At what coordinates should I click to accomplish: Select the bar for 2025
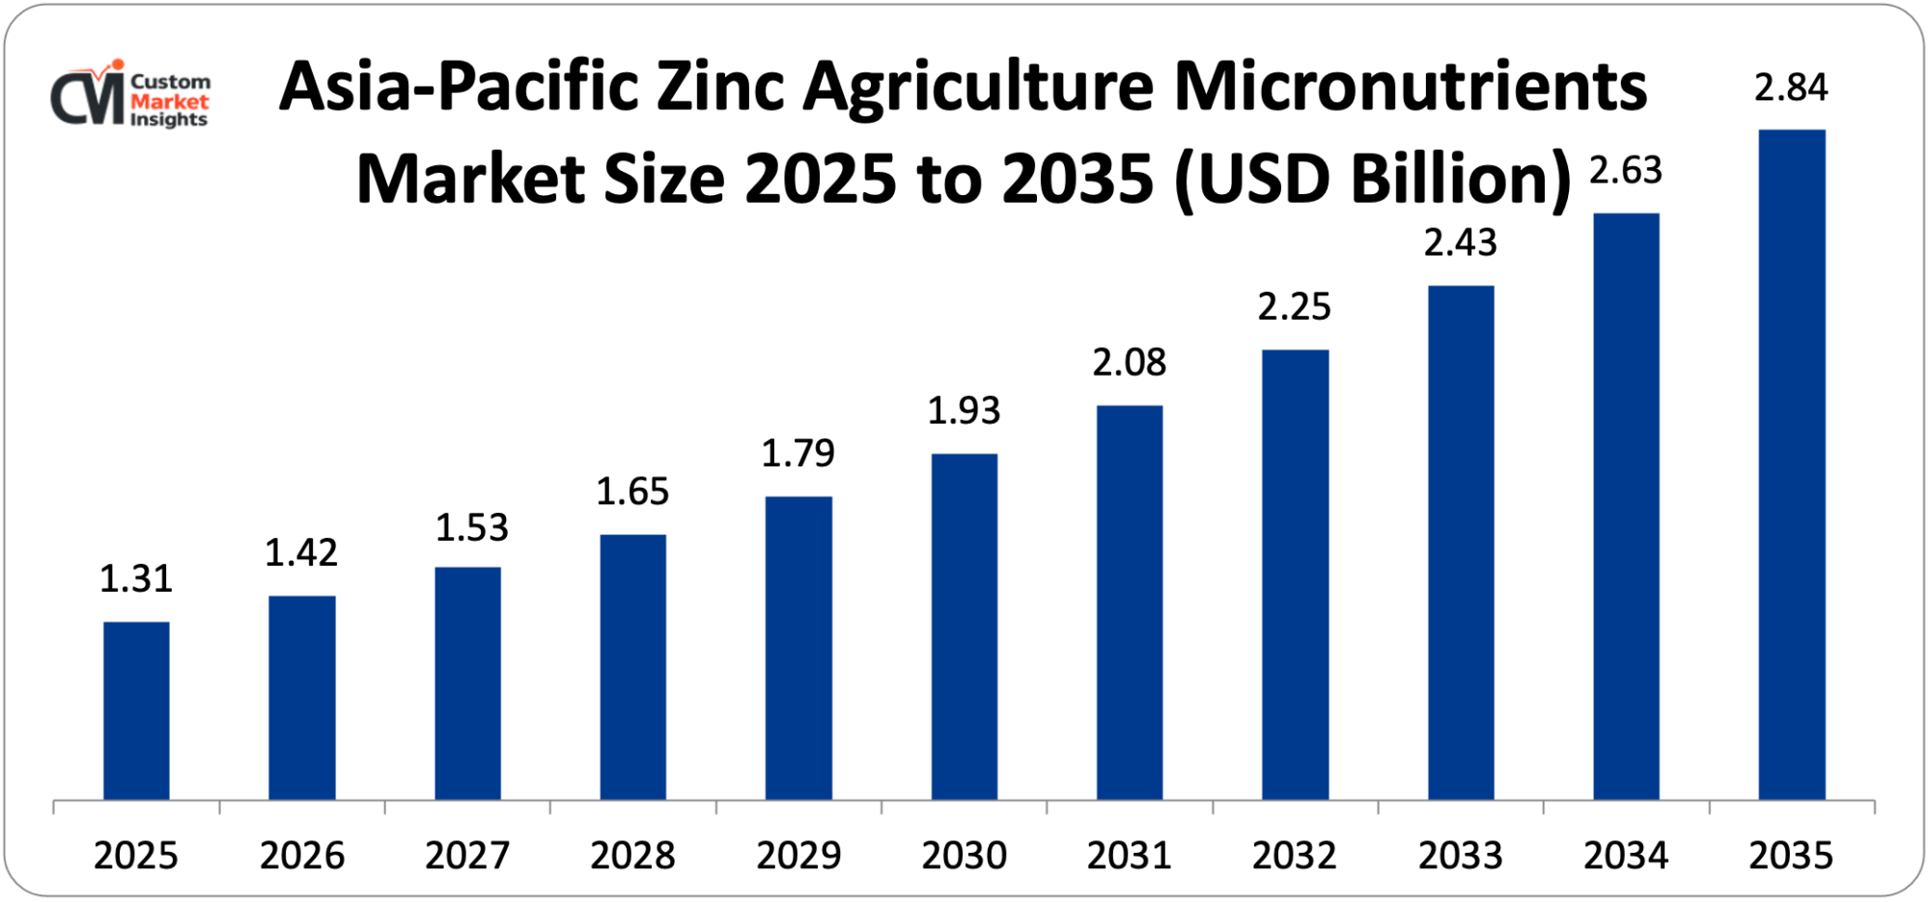click(136, 711)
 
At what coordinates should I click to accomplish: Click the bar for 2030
click(964, 627)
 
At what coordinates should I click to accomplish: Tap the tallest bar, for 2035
click(1792, 465)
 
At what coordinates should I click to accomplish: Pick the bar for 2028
click(632, 667)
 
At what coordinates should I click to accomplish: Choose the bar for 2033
click(1461, 543)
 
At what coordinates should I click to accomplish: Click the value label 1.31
click(136, 578)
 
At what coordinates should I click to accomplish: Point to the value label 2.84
click(1791, 88)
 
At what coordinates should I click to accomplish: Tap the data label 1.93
click(964, 411)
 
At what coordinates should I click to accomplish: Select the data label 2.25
click(1294, 307)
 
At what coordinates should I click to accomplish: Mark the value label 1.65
click(632, 493)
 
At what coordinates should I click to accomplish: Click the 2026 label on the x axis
click(302, 856)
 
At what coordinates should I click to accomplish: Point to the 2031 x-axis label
click(1129, 856)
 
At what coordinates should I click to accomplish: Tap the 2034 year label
click(1626, 856)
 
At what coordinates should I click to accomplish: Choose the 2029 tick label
click(798, 856)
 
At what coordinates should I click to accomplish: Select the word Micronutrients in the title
click(1410, 87)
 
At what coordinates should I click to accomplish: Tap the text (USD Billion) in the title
click(1373, 180)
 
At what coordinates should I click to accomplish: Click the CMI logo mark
click(88, 95)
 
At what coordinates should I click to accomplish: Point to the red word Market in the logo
click(170, 101)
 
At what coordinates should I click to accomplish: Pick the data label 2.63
click(1626, 171)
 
